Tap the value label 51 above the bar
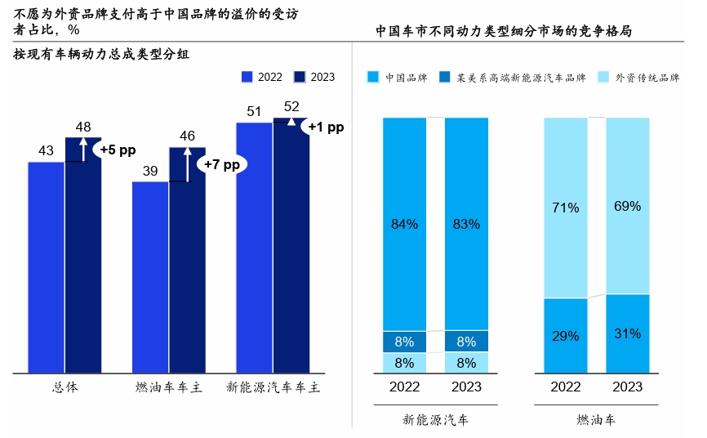tap(254, 112)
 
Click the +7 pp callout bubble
tap(222, 163)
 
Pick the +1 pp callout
tap(326, 127)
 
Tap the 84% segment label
tap(404, 223)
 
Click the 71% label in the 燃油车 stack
tap(565, 208)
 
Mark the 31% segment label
tap(627, 333)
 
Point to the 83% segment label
tap(466, 223)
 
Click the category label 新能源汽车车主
tap(273, 387)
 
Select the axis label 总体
tap(64, 387)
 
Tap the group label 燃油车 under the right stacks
tap(596, 420)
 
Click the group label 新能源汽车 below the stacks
tap(435, 420)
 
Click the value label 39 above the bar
tap(150, 171)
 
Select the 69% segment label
tap(627, 206)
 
